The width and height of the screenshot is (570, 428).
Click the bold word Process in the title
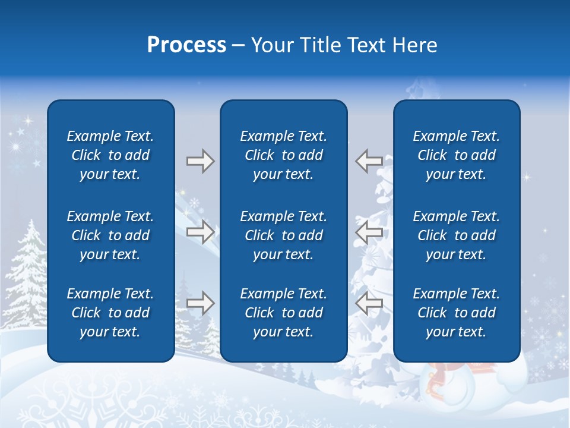tap(186, 45)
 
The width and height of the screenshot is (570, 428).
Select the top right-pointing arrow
tap(200, 161)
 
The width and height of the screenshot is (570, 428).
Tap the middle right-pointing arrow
tap(200, 232)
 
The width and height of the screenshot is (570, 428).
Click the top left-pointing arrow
tap(369, 161)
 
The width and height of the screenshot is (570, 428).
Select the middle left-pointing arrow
tap(369, 232)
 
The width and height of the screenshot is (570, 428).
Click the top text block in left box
tap(110, 155)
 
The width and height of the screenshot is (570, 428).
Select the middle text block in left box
tap(110, 235)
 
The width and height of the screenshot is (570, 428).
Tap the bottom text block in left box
tap(110, 313)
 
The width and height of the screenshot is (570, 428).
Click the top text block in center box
tap(284, 155)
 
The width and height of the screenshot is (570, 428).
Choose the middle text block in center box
tap(284, 235)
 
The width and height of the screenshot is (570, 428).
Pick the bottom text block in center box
tap(284, 313)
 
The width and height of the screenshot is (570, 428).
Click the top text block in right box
tap(457, 155)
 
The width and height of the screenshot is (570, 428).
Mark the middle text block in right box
tap(457, 235)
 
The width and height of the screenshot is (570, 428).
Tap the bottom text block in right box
tap(457, 313)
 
